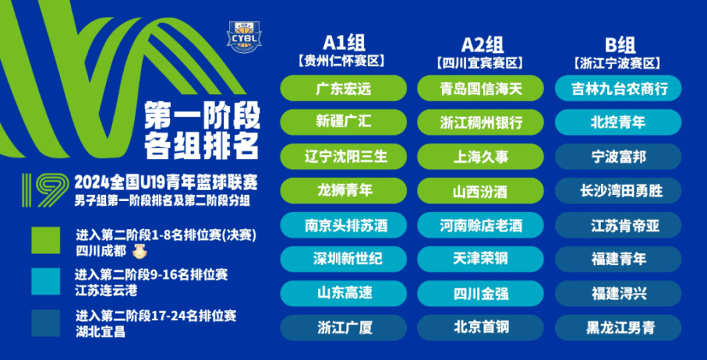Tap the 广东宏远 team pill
pos(343,88)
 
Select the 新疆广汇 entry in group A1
pos(343,122)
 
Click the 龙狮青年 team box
pos(343,190)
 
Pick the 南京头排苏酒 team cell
pos(343,225)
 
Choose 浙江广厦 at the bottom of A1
pos(343,327)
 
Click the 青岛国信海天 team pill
pos(480,88)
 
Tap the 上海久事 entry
pos(480,156)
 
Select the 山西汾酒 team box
pos(480,190)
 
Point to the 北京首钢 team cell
pos(480,327)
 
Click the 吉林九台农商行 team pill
pos(619,88)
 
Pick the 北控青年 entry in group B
pos(619,122)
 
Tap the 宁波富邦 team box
pos(619,156)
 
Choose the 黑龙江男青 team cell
pos(619,327)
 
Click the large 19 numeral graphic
pos(44,189)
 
